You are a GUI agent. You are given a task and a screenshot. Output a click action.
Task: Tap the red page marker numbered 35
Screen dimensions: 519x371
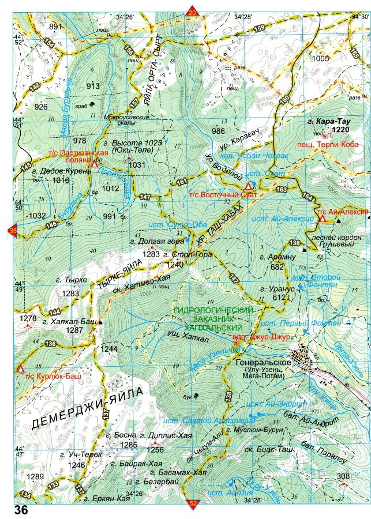pyautogui.click(x=12, y=231)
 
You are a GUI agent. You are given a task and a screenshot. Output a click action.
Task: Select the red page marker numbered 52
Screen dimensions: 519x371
pyautogui.click(x=192, y=504)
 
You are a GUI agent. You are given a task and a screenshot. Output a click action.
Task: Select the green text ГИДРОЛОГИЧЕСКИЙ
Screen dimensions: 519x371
pyautogui.click(x=213, y=310)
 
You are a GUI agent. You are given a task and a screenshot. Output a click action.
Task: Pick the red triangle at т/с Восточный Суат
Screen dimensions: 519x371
pyautogui.click(x=248, y=186)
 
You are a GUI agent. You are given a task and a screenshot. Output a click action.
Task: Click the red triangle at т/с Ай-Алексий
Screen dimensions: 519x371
pyautogui.click(x=323, y=219)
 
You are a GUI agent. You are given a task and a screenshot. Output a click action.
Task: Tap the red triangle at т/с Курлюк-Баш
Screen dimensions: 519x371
pyautogui.click(x=20, y=368)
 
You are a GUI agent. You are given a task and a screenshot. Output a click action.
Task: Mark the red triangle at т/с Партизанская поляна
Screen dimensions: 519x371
pyautogui.click(x=94, y=164)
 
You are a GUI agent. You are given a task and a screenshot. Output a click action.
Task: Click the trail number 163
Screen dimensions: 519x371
pyautogui.click(x=281, y=189)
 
